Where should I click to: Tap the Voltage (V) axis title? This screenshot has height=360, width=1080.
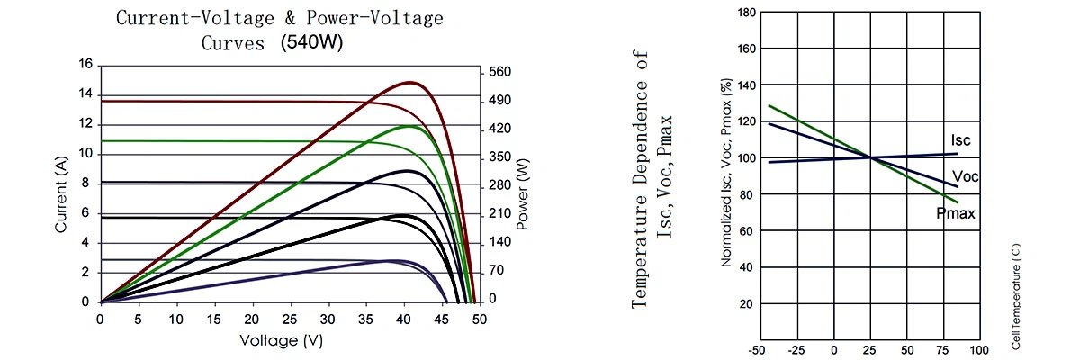coord(281,340)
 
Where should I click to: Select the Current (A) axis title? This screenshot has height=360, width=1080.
coord(61,194)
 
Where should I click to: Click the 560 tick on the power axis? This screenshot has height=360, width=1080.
coord(499,73)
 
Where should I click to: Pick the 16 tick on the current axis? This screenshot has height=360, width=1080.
coord(86,65)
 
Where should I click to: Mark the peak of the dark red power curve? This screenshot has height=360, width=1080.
coord(410,82)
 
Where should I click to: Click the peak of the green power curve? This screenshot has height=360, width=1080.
coord(410,126)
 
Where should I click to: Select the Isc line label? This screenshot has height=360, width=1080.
coord(961,141)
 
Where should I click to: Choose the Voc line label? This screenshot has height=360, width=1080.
coord(964,176)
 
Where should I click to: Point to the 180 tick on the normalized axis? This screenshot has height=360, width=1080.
coord(746,13)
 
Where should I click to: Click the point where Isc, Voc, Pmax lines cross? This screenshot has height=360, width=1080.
coord(870,158)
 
